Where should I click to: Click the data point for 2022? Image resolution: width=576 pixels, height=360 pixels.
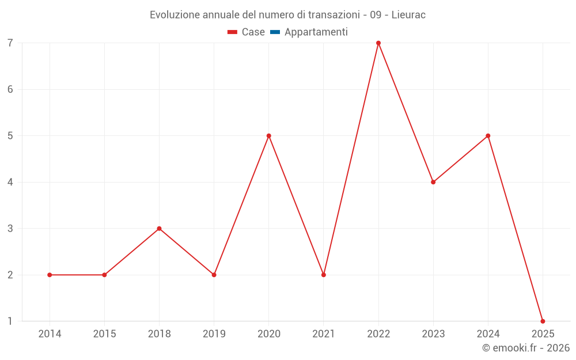[378, 43]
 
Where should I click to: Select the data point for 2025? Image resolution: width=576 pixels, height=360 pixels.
[543, 321]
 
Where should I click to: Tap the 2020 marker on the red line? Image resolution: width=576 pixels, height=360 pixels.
[269, 136]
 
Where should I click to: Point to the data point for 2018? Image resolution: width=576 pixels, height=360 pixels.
[159, 229]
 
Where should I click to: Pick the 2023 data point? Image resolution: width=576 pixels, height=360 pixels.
[433, 182]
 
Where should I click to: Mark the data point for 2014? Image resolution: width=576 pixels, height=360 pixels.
[50, 275]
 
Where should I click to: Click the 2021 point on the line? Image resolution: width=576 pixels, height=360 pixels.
[324, 275]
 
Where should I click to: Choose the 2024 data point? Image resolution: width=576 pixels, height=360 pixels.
[488, 136]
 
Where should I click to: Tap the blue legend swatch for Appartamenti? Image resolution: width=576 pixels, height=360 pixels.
[275, 32]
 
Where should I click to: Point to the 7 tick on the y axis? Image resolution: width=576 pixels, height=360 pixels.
[10, 43]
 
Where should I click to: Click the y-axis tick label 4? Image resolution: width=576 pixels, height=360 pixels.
[10, 182]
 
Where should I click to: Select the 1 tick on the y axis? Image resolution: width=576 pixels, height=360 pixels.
[10, 321]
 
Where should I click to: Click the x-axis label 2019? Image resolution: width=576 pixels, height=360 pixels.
[214, 334]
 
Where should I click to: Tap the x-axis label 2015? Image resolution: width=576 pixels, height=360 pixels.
[104, 334]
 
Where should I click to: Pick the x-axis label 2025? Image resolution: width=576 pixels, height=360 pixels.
[543, 334]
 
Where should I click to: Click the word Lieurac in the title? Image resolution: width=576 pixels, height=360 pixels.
[408, 15]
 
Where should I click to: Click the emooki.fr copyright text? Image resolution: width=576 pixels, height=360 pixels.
[526, 348]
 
